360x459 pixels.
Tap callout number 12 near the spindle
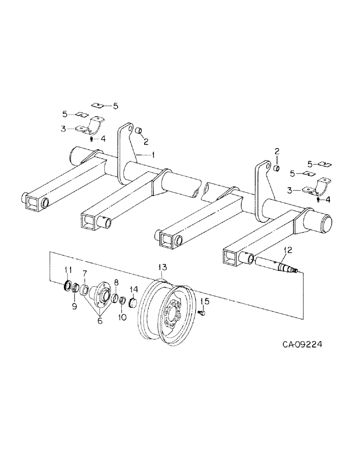(x=287, y=250)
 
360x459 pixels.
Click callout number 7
(x=84, y=274)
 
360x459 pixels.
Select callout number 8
(x=115, y=283)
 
